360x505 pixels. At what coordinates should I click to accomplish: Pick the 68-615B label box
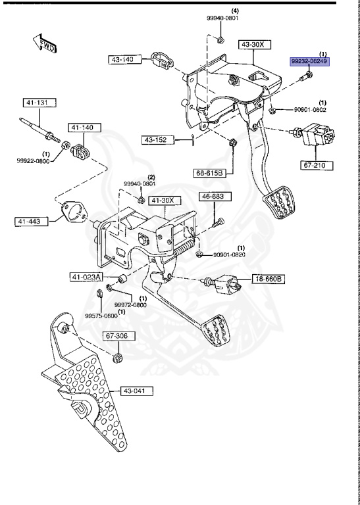tap(209, 173)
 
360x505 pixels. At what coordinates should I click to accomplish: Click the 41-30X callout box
tap(165, 200)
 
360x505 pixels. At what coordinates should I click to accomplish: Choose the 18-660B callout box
tap(269, 279)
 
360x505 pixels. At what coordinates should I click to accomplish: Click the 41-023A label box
tap(86, 277)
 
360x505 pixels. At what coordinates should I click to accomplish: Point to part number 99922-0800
tap(32, 160)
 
